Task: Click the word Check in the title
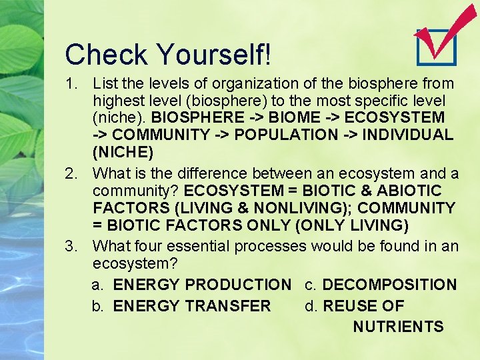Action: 107,54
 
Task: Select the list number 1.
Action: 73,84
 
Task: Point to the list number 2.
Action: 73,174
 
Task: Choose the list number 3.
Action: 73,247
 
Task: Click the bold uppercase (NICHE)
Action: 123,153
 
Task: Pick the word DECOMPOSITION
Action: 389,285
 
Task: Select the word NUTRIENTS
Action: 398,327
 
